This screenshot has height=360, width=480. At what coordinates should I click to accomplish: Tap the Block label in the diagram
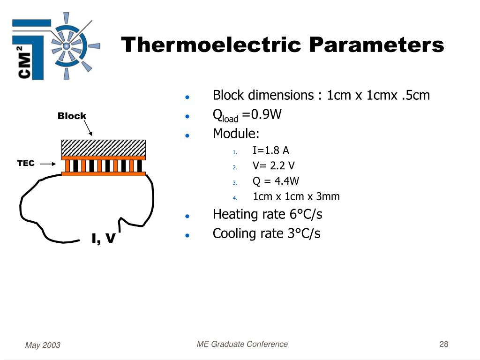[72, 116]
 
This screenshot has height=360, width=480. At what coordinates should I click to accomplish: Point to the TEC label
[26, 163]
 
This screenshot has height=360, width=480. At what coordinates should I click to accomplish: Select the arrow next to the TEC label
[48, 164]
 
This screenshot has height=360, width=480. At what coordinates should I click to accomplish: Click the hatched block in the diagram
[104, 148]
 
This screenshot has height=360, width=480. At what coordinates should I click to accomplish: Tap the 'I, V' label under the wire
[104, 239]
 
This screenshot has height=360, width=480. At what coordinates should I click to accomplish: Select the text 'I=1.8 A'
[271, 150]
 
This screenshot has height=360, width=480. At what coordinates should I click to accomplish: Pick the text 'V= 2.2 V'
[274, 166]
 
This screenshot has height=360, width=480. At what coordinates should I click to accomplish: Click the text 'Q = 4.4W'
[276, 181]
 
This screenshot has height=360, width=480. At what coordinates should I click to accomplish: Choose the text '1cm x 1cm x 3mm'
[296, 197]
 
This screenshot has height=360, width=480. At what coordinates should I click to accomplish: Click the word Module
[236, 134]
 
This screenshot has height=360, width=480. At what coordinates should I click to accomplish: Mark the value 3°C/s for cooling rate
[304, 233]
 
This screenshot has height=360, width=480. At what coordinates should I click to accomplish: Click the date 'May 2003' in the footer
[43, 345]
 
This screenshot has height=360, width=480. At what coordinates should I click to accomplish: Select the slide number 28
[444, 345]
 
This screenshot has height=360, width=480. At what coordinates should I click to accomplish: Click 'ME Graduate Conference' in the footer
[242, 345]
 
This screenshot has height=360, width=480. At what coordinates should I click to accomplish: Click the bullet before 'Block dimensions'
[187, 97]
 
